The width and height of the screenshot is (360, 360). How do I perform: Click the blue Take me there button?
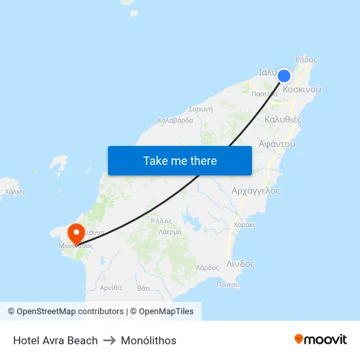(180, 160)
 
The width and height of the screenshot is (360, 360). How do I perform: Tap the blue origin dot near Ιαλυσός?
(284, 76)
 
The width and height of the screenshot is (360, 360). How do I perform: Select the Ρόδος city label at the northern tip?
(306, 60)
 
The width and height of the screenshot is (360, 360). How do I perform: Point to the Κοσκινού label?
(302, 89)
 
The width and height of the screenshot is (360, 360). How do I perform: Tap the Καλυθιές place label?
(283, 120)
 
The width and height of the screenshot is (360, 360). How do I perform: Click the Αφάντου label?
(277, 143)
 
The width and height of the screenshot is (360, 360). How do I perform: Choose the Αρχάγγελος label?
(255, 191)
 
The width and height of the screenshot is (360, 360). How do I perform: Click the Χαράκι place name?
(243, 225)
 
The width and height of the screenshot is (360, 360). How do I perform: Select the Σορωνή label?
(200, 109)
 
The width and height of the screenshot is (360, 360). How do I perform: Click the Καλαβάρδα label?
(175, 120)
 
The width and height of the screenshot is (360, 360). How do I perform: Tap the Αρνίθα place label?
(111, 287)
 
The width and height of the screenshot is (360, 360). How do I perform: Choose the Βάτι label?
(145, 287)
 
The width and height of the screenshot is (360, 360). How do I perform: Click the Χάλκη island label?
(14, 192)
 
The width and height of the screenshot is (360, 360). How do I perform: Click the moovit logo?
(321, 339)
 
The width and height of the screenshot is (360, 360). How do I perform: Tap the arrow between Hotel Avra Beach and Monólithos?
(109, 340)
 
